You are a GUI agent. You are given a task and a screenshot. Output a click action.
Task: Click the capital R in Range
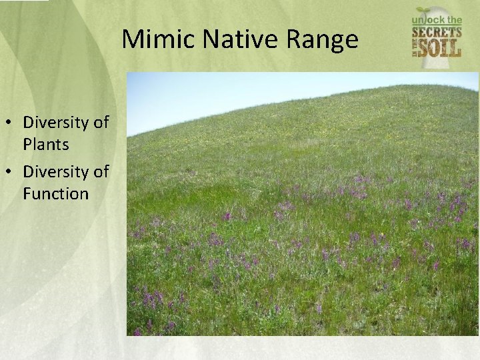coord(297,40)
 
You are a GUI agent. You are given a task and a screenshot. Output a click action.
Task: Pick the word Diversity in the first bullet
coord(56,123)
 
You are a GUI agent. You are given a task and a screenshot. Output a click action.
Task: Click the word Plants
coord(46,145)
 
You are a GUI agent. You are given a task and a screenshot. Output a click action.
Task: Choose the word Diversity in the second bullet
coord(56,172)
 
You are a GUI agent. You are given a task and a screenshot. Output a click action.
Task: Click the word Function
coord(55,194)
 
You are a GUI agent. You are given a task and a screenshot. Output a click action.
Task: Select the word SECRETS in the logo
coord(437,32)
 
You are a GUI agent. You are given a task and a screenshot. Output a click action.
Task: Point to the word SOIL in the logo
coord(442,49)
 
